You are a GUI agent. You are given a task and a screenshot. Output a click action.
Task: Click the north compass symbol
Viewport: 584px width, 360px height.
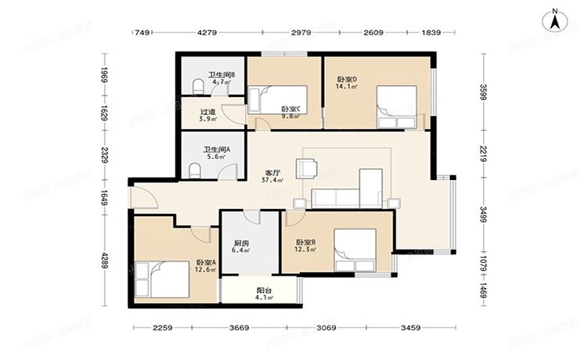click(554, 19)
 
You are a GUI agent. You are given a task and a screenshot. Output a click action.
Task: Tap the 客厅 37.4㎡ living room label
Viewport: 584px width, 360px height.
click(273, 175)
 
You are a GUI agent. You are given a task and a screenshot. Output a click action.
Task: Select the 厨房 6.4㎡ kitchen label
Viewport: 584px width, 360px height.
click(241, 247)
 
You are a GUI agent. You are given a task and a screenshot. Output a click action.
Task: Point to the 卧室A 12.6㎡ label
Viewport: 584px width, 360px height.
click(206, 267)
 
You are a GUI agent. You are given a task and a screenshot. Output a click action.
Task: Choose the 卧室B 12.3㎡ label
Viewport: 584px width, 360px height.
click(305, 246)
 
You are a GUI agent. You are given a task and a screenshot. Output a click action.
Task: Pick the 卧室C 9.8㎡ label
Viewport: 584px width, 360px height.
click(291, 113)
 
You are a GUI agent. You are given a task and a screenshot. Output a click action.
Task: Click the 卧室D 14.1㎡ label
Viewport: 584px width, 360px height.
click(347, 82)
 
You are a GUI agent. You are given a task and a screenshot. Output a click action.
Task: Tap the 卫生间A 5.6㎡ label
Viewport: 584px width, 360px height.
click(214, 153)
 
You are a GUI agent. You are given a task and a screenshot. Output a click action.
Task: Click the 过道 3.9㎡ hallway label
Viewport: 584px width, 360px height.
click(207, 116)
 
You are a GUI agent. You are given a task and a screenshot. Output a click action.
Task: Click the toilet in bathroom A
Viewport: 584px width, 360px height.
click(195, 170)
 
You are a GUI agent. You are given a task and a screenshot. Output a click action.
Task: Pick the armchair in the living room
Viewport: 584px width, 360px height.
click(305, 167)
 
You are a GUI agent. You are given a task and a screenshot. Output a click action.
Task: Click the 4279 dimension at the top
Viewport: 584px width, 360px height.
click(207, 33)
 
